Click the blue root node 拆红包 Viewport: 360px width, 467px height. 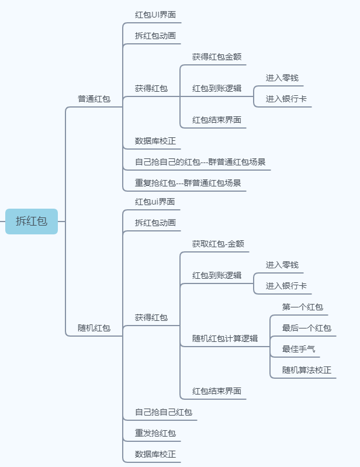(32, 222)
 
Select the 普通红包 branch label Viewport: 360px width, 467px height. (94, 99)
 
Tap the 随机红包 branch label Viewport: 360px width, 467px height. (94, 328)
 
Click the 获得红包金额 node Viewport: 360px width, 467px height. (217, 57)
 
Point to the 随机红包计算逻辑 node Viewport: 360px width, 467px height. (225, 338)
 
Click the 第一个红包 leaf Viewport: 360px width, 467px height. (302, 307)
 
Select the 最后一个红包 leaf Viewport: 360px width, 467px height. (306, 328)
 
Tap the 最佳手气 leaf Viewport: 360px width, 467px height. (299, 349)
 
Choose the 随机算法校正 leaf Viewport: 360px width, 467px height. (306, 370)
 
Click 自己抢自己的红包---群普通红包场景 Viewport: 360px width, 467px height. (200, 162)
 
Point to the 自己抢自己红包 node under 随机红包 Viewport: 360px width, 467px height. (163, 412)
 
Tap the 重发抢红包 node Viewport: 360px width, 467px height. (155, 433)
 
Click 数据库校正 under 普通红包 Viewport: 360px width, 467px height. (155, 141)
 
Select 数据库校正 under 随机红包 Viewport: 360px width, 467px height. (155, 454)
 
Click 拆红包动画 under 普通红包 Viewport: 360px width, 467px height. (155, 36)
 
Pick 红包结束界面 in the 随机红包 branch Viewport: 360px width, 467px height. (217, 391)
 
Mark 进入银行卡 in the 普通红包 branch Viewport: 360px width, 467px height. (286, 99)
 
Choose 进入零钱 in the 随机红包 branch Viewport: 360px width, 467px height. (282, 265)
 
